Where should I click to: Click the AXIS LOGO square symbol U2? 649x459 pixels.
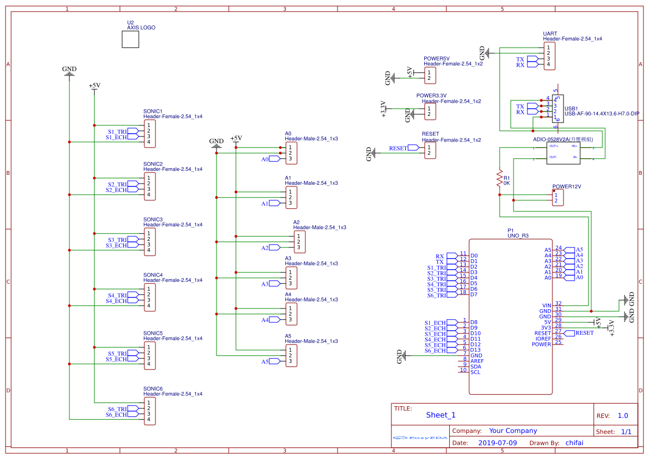coord(130,39)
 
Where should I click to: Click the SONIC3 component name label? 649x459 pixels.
coord(153,220)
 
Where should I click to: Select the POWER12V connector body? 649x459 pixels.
coord(556,198)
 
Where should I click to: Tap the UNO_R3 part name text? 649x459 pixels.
coord(518,236)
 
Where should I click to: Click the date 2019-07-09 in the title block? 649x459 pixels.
coord(497,443)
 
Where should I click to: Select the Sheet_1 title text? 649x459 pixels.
coord(440,415)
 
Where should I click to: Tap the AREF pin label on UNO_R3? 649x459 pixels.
coord(476,361)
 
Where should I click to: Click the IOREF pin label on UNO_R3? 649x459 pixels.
coord(543,339)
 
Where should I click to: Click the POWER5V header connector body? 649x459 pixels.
coord(429,75)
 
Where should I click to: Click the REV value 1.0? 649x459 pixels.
coord(622,416)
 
